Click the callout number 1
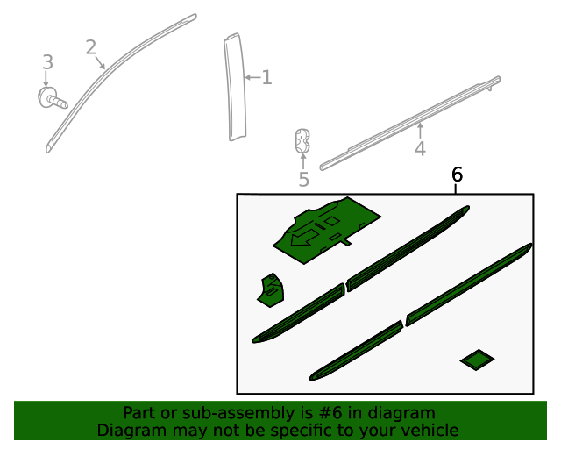tap(266, 77)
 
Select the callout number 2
tap(91, 47)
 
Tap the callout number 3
tap(47, 62)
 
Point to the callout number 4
tap(420, 148)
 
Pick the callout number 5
tap(303, 180)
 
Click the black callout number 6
tap(458, 175)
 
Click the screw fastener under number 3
tap(53, 97)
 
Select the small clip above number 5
tap(302, 140)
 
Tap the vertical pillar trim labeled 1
tap(235, 87)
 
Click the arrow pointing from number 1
tap(252, 77)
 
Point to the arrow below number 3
tap(46, 79)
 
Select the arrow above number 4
tap(421, 131)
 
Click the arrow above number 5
tap(303, 161)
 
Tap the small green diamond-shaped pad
tap(477, 360)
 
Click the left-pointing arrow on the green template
tap(304, 238)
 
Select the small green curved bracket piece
tap(271, 290)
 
